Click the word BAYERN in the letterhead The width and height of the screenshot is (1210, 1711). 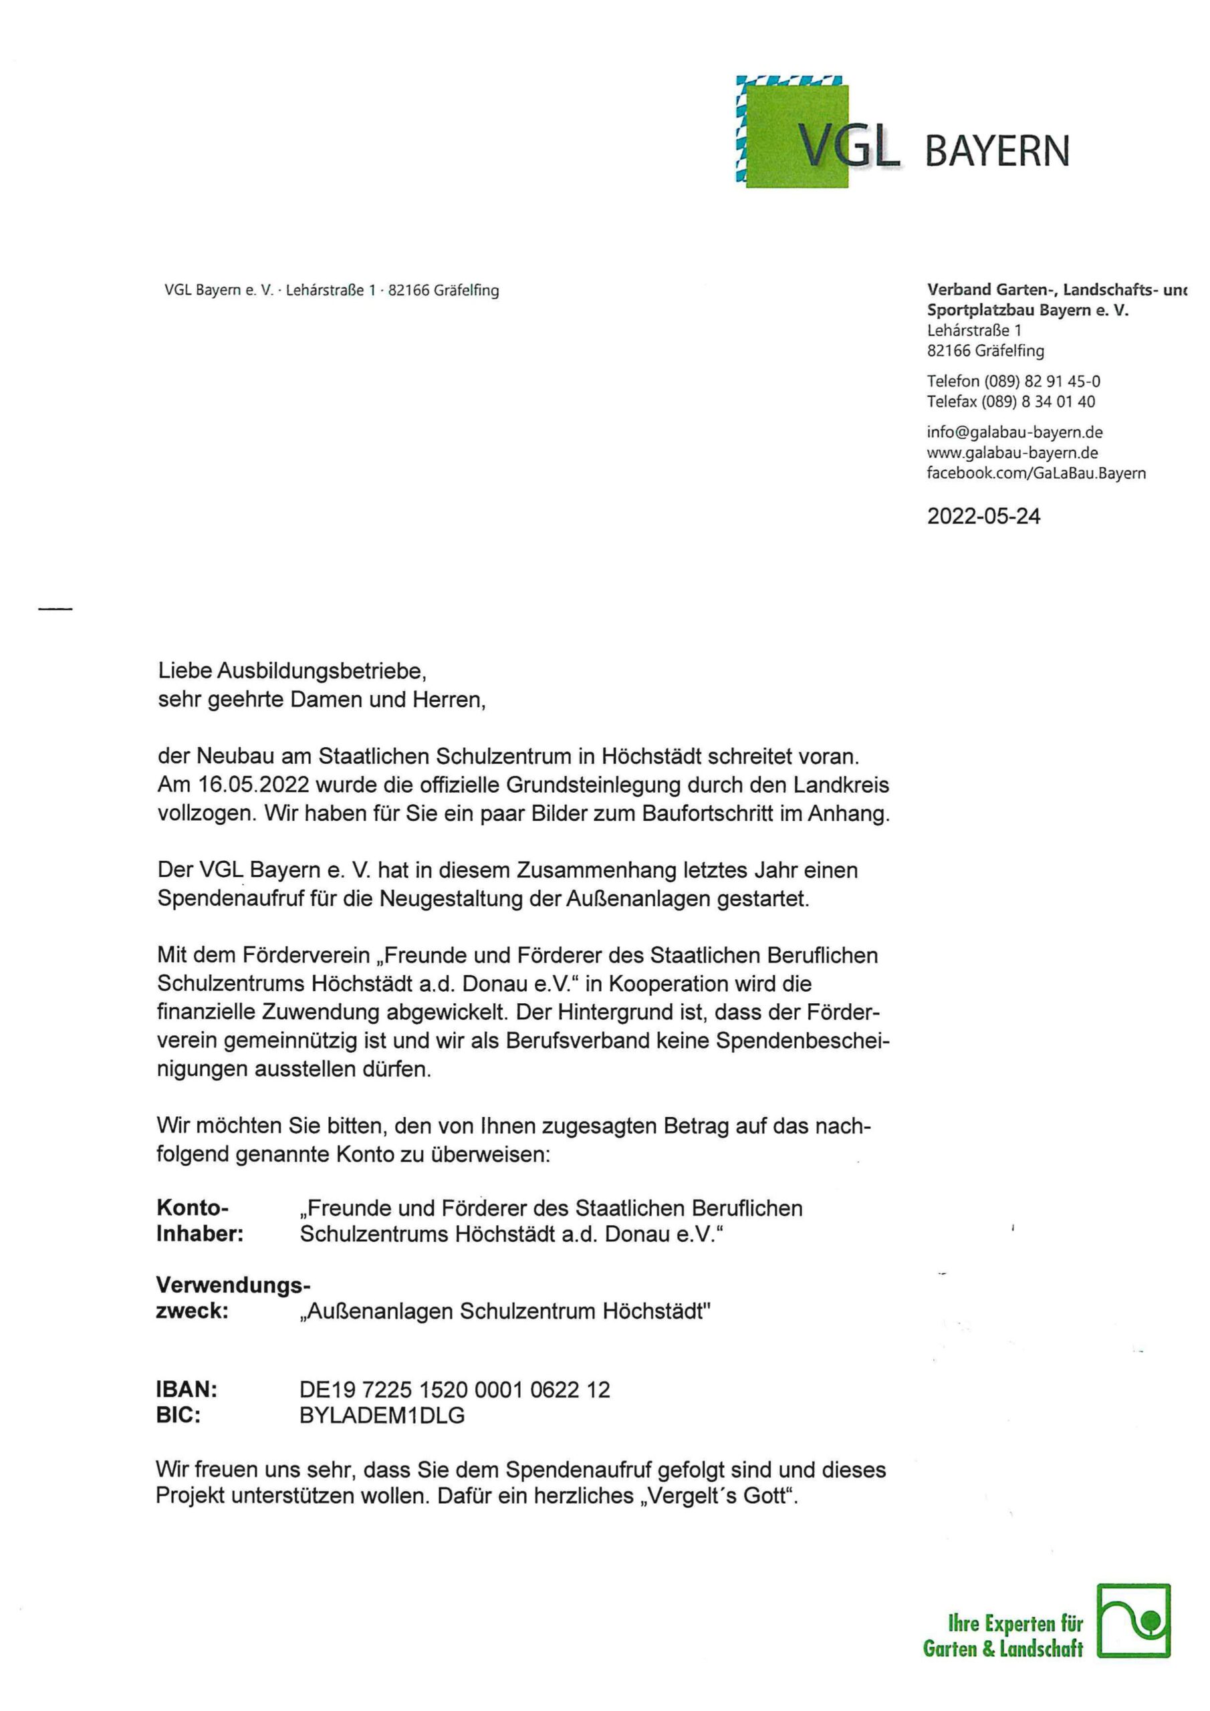pyautogui.click(x=997, y=151)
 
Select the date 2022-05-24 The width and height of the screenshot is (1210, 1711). pyautogui.click(x=983, y=517)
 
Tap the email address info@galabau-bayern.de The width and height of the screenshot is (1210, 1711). pyautogui.click(x=1015, y=432)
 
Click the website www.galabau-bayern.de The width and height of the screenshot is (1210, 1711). pyautogui.click(x=1012, y=452)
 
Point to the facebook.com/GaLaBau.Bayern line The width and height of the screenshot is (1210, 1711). pyautogui.click(x=1036, y=473)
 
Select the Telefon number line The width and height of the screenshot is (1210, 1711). pyautogui.click(x=1013, y=382)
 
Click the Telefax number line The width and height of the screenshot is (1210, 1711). pyautogui.click(x=1011, y=402)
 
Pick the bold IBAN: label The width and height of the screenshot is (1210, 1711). pyautogui.click(x=187, y=1389)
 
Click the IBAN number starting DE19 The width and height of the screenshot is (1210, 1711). pyautogui.click(x=454, y=1389)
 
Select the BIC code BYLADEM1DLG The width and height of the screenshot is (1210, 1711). pyautogui.click(x=382, y=1415)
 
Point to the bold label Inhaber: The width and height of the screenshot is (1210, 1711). pyautogui.click(x=200, y=1233)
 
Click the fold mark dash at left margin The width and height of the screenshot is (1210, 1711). pyautogui.click(x=55, y=610)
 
